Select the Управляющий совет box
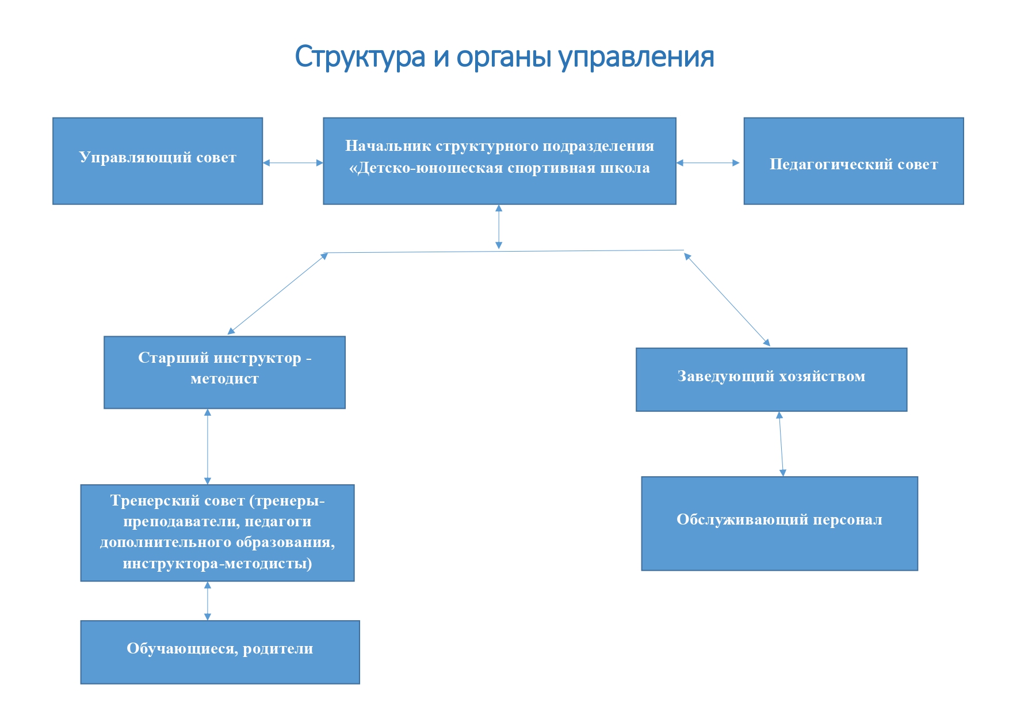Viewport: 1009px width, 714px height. tap(158, 161)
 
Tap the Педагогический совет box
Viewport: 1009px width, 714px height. tap(853, 161)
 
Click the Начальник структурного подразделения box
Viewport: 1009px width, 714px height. tap(499, 161)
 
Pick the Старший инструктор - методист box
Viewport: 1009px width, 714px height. tap(224, 373)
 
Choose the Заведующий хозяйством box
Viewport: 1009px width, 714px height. tap(771, 379)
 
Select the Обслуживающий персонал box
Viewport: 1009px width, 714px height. tap(779, 523)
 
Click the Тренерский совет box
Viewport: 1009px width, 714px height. tap(217, 533)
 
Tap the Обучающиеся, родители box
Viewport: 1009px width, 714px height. tap(220, 652)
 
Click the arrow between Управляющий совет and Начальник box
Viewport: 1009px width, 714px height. tap(293, 163)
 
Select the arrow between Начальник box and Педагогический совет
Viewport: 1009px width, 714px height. tap(708, 163)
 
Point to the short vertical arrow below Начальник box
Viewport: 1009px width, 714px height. tap(499, 227)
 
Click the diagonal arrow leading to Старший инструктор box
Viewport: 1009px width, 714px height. tap(278, 294)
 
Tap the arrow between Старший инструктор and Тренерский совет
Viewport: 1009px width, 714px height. tap(208, 446)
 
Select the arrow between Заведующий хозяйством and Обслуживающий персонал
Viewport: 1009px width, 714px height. tap(781, 444)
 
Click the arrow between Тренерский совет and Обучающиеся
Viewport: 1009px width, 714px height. tap(208, 601)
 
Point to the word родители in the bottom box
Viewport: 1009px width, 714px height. tap(278, 649)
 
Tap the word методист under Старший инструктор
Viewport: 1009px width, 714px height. tap(224, 379)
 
